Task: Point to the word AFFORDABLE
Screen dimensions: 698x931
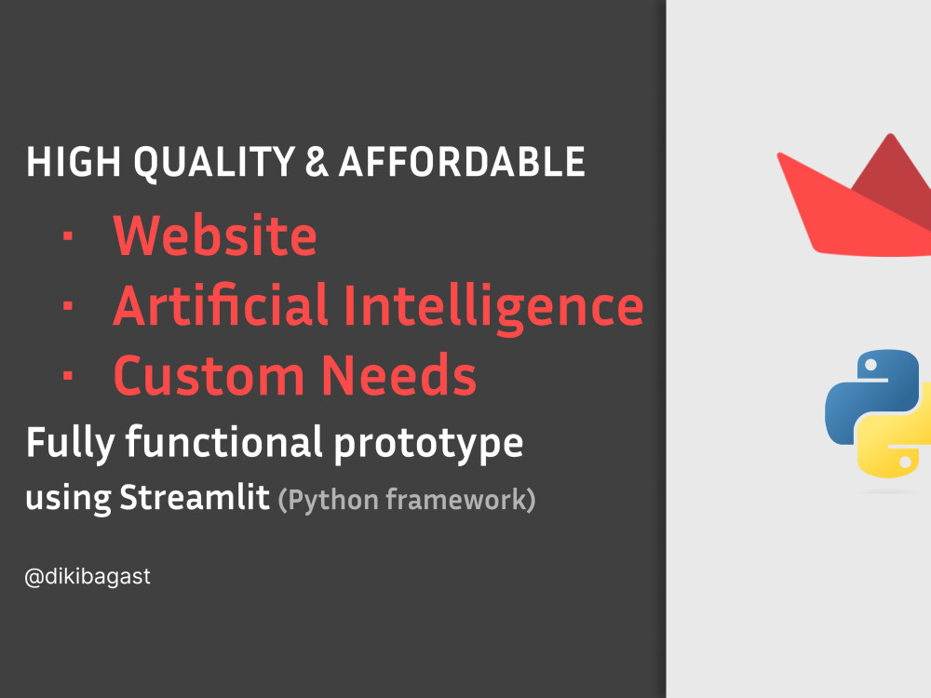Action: point(462,163)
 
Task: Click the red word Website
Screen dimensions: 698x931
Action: point(215,235)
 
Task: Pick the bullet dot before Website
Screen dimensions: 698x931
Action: point(67,237)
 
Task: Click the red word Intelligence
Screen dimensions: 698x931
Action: point(493,305)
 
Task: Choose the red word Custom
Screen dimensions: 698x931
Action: point(209,375)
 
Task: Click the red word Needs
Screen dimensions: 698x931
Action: point(399,375)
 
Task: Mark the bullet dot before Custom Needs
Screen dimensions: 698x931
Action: point(67,377)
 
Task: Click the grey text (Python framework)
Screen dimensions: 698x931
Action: point(407,500)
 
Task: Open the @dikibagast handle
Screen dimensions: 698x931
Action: point(88,577)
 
